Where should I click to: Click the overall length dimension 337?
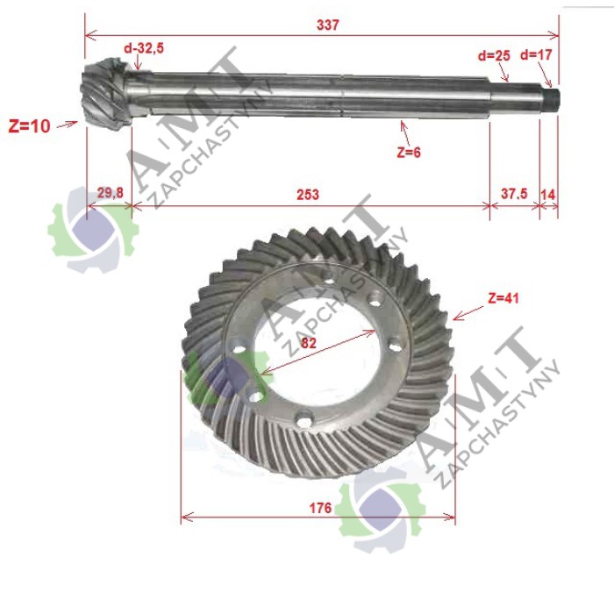[x=327, y=25]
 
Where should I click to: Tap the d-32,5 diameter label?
[x=144, y=48]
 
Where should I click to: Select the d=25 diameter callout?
[x=494, y=55]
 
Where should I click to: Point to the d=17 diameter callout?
[x=536, y=54]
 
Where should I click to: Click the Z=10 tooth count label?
[x=29, y=126]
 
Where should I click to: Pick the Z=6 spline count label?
[x=409, y=152]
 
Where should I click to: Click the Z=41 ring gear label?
[x=503, y=298]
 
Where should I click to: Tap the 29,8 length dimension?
[x=110, y=193]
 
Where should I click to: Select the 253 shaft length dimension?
[x=308, y=195]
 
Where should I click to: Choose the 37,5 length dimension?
[x=514, y=194]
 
